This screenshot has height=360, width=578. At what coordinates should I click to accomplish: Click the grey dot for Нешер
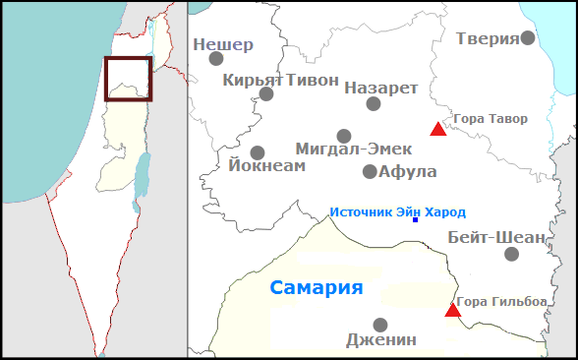tap(216, 58)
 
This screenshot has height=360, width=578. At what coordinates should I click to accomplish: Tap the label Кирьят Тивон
tap(280, 80)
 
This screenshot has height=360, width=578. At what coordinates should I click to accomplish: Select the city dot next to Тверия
tap(528, 37)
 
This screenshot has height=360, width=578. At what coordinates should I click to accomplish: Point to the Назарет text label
tap(381, 88)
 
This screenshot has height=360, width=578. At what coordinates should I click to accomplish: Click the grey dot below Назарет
tap(374, 103)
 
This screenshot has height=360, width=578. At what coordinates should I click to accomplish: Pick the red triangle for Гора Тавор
tap(438, 129)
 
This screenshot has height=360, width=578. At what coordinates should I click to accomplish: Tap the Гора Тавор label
tap(491, 119)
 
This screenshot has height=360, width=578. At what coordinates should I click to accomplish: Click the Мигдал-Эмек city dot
tap(344, 136)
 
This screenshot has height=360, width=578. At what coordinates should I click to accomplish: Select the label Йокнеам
tap(266, 166)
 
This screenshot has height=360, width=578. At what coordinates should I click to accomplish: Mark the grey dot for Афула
tap(370, 171)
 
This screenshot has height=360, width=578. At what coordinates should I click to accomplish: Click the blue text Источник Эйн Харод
tap(397, 211)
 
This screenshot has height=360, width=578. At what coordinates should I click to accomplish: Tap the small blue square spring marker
tap(415, 219)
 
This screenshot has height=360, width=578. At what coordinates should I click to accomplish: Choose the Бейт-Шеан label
tap(495, 237)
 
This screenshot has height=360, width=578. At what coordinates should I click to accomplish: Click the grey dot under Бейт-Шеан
tap(511, 254)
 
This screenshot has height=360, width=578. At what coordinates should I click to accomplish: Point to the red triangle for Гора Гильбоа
tap(452, 311)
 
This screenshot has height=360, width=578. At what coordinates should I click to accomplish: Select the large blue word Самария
tap(317, 288)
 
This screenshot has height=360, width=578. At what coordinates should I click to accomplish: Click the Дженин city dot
tap(380, 325)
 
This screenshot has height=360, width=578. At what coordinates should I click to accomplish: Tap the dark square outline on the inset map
tap(129, 79)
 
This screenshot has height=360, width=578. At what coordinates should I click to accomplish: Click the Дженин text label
tap(381, 340)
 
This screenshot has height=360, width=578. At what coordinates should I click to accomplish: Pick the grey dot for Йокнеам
tap(258, 152)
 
